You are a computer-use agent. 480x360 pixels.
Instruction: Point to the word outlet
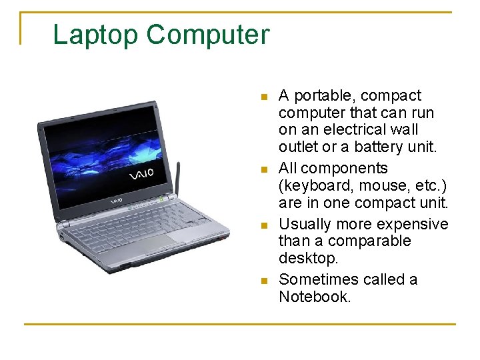coord(298,147)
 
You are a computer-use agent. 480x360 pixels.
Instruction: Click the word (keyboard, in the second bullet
coord(315,185)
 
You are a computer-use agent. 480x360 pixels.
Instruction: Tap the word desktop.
coord(305,258)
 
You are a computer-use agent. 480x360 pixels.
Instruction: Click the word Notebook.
coord(314,297)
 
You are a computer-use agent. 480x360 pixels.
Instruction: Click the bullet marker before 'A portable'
coord(264,97)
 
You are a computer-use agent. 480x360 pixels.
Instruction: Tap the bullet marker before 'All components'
coord(264,169)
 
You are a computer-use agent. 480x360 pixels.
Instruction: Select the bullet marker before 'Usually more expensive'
coord(264,225)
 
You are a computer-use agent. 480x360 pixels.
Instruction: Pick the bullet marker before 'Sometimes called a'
coord(264,281)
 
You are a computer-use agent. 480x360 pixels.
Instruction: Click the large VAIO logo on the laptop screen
coord(141,175)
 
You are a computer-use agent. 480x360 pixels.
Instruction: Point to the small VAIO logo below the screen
coord(117,200)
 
